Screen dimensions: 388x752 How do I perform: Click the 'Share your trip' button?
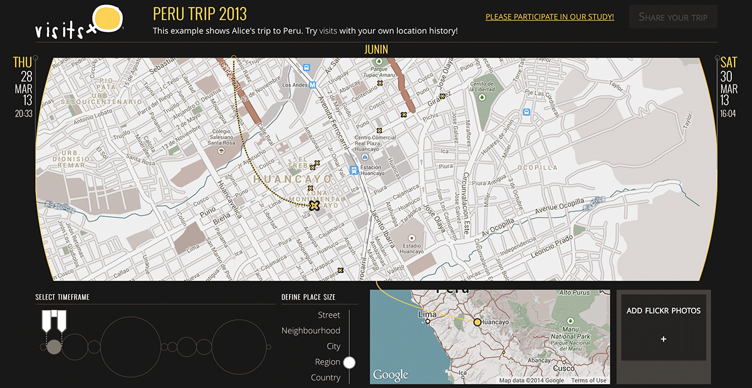click(673, 17)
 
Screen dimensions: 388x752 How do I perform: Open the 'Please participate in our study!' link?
click(550, 17)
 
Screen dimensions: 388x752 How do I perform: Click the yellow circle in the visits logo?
click(107, 18)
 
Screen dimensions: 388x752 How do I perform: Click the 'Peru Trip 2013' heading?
click(200, 13)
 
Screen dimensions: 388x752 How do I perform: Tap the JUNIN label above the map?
click(376, 50)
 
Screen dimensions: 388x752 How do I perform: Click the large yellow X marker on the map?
click(315, 205)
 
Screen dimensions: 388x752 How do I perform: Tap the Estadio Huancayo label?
click(412, 248)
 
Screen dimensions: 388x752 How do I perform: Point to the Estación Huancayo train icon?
click(353, 170)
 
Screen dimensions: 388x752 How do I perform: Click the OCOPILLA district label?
click(537, 167)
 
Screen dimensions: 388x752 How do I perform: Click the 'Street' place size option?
click(329, 315)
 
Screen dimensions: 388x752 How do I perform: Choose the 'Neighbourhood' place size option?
click(311, 330)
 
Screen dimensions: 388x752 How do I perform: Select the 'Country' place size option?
click(325, 377)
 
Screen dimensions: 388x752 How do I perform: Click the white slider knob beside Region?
click(350, 362)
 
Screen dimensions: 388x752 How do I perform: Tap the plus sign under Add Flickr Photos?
click(664, 339)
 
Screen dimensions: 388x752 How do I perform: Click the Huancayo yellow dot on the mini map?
click(477, 322)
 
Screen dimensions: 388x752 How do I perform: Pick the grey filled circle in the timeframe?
click(55, 347)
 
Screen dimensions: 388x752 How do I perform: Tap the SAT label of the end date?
click(729, 62)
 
